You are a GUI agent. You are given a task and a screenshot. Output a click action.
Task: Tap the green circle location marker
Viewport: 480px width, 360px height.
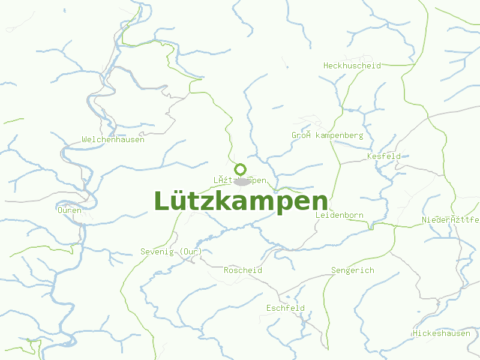click(x=241, y=169)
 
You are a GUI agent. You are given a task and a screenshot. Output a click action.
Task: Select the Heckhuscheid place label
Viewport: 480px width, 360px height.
click(x=352, y=65)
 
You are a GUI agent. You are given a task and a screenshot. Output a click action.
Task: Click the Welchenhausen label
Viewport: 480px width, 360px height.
click(x=113, y=140)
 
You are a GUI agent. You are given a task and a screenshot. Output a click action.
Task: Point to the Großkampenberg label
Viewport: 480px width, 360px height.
click(x=327, y=136)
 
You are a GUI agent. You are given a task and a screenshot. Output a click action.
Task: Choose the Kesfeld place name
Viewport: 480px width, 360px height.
click(x=383, y=157)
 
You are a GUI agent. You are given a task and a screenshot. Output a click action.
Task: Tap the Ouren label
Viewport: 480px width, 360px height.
click(x=70, y=211)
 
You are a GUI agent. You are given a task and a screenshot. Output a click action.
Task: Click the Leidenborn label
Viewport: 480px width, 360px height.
click(x=339, y=215)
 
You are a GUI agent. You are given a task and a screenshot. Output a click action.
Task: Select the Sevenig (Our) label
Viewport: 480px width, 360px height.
click(x=171, y=251)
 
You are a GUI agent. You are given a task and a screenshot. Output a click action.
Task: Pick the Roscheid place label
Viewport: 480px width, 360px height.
click(x=242, y=271)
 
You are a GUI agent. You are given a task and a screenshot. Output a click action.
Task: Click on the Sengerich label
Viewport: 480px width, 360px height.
click(x=352, y=271)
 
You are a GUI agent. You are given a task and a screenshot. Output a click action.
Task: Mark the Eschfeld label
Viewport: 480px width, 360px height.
click(x=285, y=308)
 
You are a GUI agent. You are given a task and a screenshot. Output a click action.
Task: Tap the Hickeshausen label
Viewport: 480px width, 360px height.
click(x=441, y=333)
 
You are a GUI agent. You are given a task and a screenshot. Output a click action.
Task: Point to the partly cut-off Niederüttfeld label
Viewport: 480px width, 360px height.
click(x=451, y=220)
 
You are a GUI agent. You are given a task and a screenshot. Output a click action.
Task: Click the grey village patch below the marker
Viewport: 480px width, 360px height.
click(x=241, y=182)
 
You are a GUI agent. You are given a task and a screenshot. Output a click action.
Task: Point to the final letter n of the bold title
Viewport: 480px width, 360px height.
click(x=320, y=203)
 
